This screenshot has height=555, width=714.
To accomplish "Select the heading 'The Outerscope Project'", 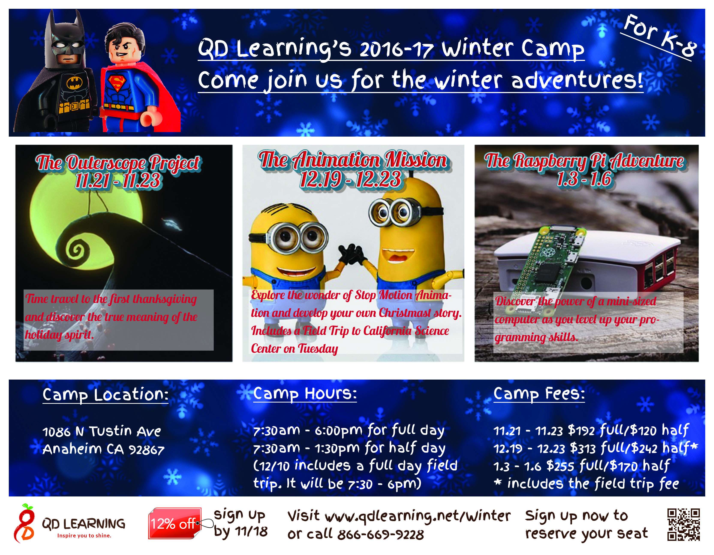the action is (117, 163).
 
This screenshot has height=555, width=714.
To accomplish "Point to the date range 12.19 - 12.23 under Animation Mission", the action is (350, 179).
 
